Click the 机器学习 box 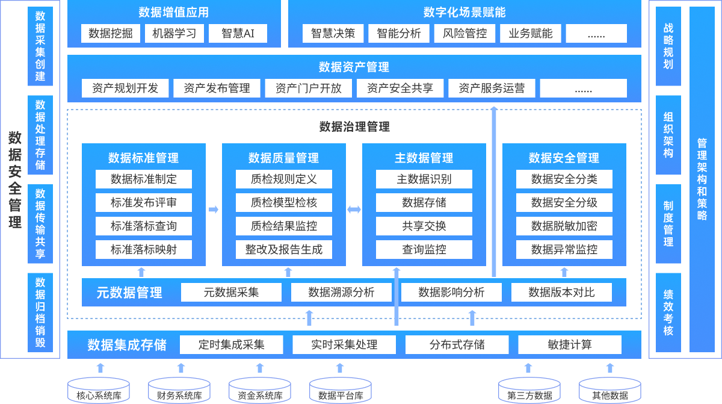click(x=174, y=33)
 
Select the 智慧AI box click(x=238, y=33)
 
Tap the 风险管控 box click(x=464, y=33)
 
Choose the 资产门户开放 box click(x=309, y=88)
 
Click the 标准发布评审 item click(x=144, y=202)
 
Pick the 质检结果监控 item click(x=284, y=226)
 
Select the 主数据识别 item click(x=424, y=179)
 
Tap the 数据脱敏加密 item click(x=564, y=226)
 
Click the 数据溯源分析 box click(x=341, y=293)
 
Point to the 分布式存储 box click(x=457, y=344)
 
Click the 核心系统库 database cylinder click(x=99, y=390)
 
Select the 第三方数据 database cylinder click(x=529, y=390)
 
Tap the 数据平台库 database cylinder click(x=341, y=390)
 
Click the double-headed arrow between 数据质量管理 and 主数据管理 click(x=354, y=210)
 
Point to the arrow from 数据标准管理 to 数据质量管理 click(x=214, y=210)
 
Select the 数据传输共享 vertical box click(x=40, y=223)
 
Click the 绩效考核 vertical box click(x=668, y=312)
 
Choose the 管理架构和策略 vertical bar click(x=702, y=179)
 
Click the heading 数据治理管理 click(x=354, y=126)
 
